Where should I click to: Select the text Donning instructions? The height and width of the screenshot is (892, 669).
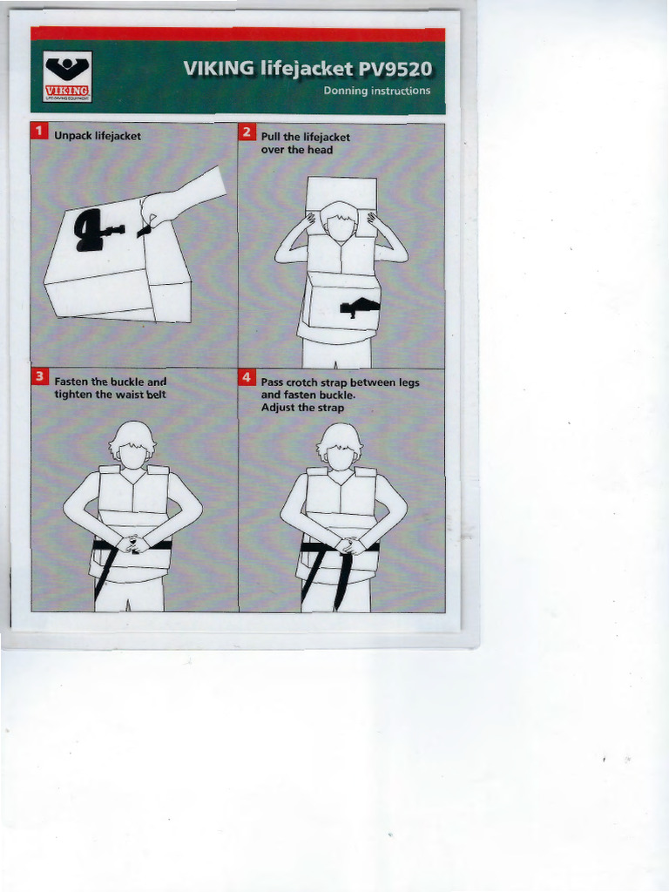[x=376, y=91]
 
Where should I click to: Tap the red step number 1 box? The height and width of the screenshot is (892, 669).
[x=38, y=132]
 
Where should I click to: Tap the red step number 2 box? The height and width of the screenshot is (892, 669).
[x=247, y=132]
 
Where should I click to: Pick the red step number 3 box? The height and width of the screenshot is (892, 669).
[x=38, y=377]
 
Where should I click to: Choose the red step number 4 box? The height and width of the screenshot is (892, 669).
[x=247, y=377]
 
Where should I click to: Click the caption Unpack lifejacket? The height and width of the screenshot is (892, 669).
[x=97, y=136]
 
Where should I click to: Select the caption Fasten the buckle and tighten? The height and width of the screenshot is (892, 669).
[x=110, y=388]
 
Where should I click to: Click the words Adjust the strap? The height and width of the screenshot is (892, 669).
[x=302, y=408]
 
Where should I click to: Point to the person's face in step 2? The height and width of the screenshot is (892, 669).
[x=341, y=226]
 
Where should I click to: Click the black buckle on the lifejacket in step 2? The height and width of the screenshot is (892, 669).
[x=359, y=307]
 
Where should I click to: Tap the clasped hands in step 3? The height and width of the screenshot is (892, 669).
[x=132, y=544]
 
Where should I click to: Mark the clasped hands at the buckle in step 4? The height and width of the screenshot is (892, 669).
[x=351, y=546]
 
